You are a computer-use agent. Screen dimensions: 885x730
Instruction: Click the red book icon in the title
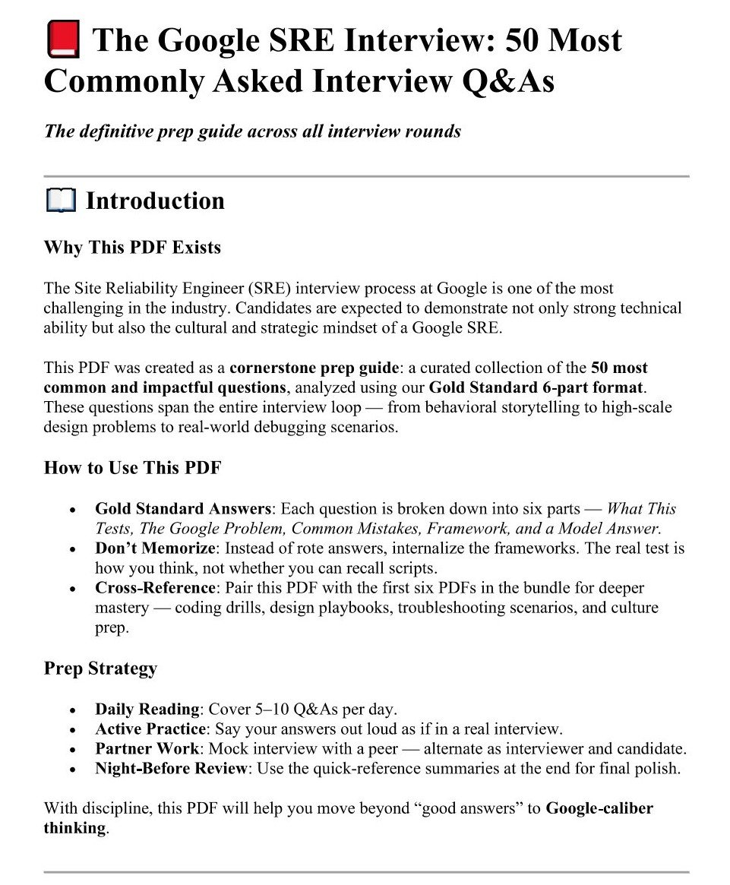(63, 40)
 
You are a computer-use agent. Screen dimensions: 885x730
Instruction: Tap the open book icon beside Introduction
(61, 201)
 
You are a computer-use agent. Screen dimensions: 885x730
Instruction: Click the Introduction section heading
(155, 201)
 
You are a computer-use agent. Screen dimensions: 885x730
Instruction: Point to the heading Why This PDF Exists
(132, 248)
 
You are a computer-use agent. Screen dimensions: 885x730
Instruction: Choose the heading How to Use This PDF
(132, 467)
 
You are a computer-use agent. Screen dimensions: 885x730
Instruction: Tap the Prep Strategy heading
(100, 668)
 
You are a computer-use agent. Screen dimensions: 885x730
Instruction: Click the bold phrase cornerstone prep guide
(314, 368)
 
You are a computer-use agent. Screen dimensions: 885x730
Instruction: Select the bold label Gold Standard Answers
(183, 509)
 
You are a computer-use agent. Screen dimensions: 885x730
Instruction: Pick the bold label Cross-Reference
(155, 588)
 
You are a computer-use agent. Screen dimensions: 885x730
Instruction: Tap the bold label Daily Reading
(147, 710)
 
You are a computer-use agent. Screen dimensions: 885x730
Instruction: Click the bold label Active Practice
(149, 729)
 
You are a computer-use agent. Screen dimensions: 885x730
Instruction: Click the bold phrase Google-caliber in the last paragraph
(599, 808)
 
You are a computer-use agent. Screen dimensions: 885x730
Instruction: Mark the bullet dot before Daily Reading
(72, 711)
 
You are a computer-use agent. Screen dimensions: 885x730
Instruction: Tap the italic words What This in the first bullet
(642, 509)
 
